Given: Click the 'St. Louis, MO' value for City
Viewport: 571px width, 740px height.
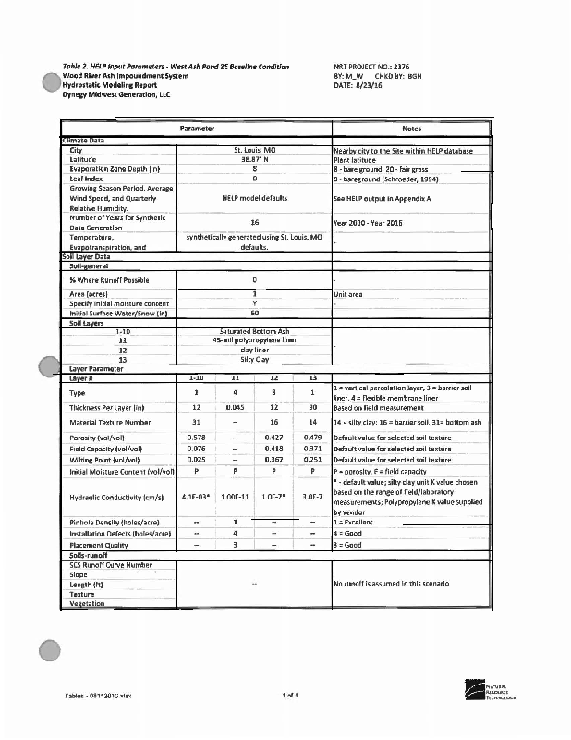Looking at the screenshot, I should coord(254,150).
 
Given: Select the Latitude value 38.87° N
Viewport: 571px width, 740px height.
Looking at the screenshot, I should coord(254,159).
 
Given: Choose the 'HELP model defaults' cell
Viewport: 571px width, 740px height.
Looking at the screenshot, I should coord(254,198).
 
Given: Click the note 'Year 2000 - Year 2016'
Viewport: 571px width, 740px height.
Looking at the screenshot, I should coord(366,223).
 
